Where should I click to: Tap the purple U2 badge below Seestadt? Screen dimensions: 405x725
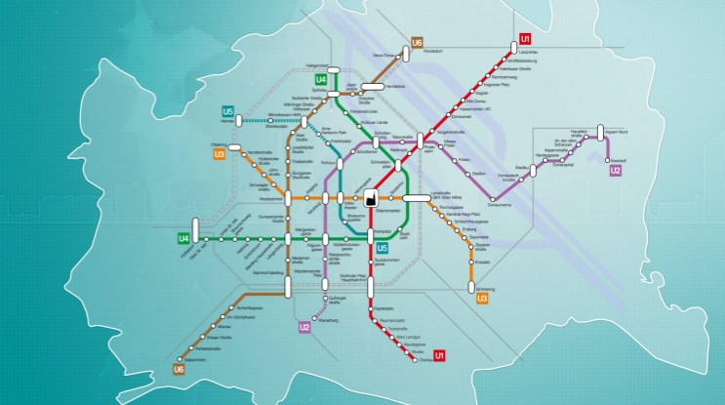point(615,171)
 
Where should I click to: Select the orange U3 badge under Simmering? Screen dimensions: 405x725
point(481,299)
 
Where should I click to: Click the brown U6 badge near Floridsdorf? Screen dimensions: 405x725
point(417,43)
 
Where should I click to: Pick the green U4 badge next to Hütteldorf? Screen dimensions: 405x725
point(183,238)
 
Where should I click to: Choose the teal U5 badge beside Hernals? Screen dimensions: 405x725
point(227,111)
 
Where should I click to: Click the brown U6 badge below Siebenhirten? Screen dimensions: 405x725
point(179,370)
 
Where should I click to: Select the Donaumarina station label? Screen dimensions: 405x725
point(500,205)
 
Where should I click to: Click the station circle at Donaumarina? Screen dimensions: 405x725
point(507,197)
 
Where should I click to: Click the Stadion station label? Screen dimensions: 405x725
point(478,174)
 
